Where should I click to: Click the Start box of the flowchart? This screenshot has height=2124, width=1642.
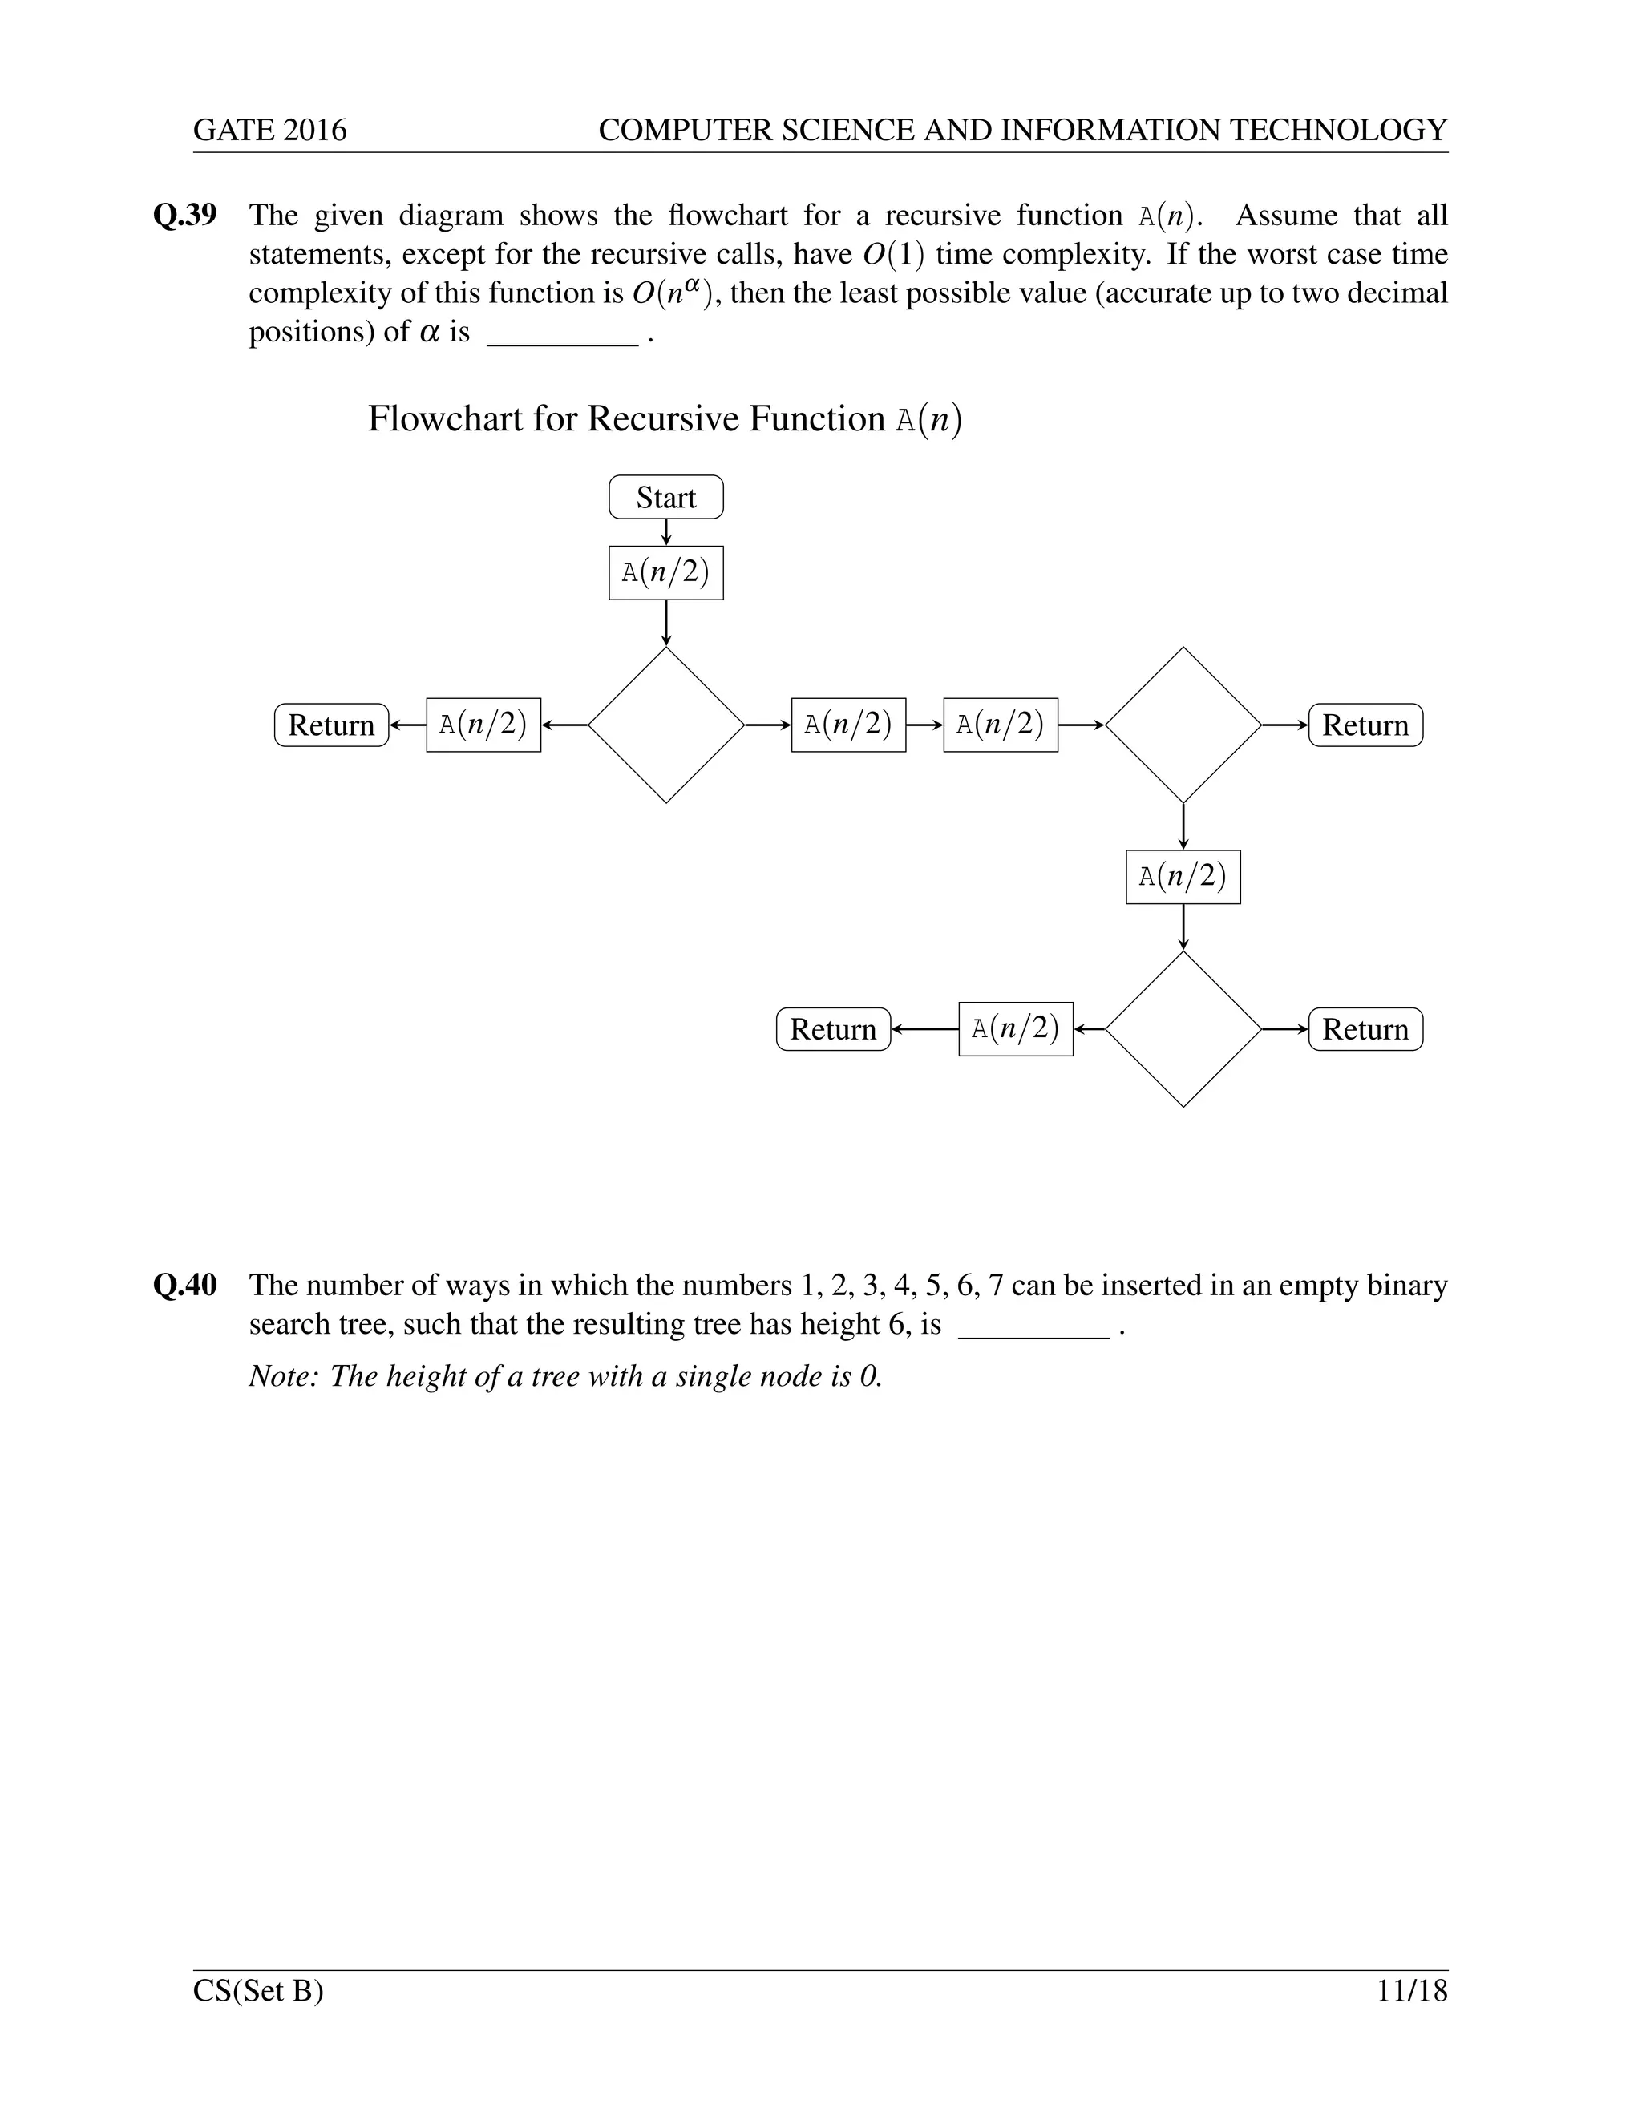coord(665,497)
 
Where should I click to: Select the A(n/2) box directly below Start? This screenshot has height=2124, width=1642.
coord(665,573)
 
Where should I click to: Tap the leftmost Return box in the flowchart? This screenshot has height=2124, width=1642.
coord(331,725)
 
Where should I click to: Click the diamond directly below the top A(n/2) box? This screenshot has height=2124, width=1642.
coord(665,725)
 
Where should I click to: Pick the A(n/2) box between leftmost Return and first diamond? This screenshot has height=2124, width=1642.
coord(483,725)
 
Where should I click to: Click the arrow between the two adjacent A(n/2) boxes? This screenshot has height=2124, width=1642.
coord(924,725)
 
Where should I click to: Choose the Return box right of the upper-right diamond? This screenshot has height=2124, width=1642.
coord(1365,725)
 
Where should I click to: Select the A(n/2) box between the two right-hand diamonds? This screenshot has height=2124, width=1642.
coord(1183,877)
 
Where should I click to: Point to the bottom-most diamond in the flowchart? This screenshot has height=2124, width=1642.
coord(1183,1029)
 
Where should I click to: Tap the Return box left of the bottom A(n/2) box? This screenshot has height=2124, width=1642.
coord(833,1029)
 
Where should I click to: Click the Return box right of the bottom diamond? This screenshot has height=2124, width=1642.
coord(1365,1029)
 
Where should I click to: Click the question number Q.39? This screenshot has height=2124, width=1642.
coord(185,215)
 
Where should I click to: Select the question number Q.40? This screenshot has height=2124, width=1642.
coord(185,1285)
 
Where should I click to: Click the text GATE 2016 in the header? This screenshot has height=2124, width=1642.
coord(269,131)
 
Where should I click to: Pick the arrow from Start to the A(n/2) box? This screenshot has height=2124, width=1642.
coord(665,532)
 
